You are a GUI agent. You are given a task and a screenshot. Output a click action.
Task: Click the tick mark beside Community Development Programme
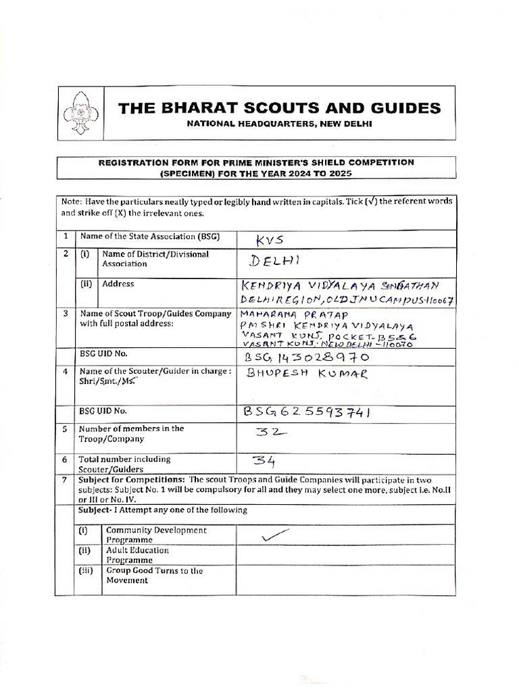point(269,535)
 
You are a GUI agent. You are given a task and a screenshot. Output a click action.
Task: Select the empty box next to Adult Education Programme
point(345,555)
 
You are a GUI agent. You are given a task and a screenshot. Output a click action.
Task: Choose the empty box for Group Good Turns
point(345,575)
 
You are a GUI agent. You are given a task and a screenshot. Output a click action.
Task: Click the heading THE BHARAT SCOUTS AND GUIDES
point(280,108)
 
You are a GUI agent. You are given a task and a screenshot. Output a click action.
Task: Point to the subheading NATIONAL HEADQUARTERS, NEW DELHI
point(278,124)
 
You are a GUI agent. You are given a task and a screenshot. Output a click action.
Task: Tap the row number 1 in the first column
point(66,237)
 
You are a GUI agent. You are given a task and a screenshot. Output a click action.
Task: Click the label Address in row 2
point(118,284)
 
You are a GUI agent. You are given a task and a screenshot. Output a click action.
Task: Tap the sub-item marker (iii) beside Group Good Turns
point(89,570)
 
